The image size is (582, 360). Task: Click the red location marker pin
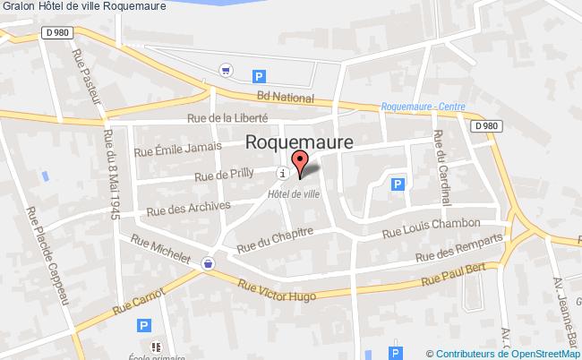300,164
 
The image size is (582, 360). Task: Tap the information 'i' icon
283,173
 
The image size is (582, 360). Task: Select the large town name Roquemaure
299,142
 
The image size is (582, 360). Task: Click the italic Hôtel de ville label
294,192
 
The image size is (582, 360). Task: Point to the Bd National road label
285,98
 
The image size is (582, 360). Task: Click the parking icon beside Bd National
259,77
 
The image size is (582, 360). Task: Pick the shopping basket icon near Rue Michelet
209,263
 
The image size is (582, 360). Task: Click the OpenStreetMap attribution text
505,353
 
